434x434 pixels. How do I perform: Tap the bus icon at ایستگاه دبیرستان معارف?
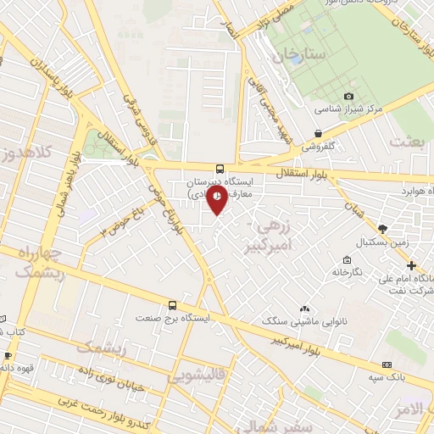point(220,169)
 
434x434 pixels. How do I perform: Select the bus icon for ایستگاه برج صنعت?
point(173,304)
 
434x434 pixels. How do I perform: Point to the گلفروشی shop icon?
point(318,133)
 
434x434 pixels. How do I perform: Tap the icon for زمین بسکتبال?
point(383,229)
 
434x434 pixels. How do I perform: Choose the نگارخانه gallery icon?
point(347,259)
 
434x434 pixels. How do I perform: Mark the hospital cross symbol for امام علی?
point(411,266)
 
